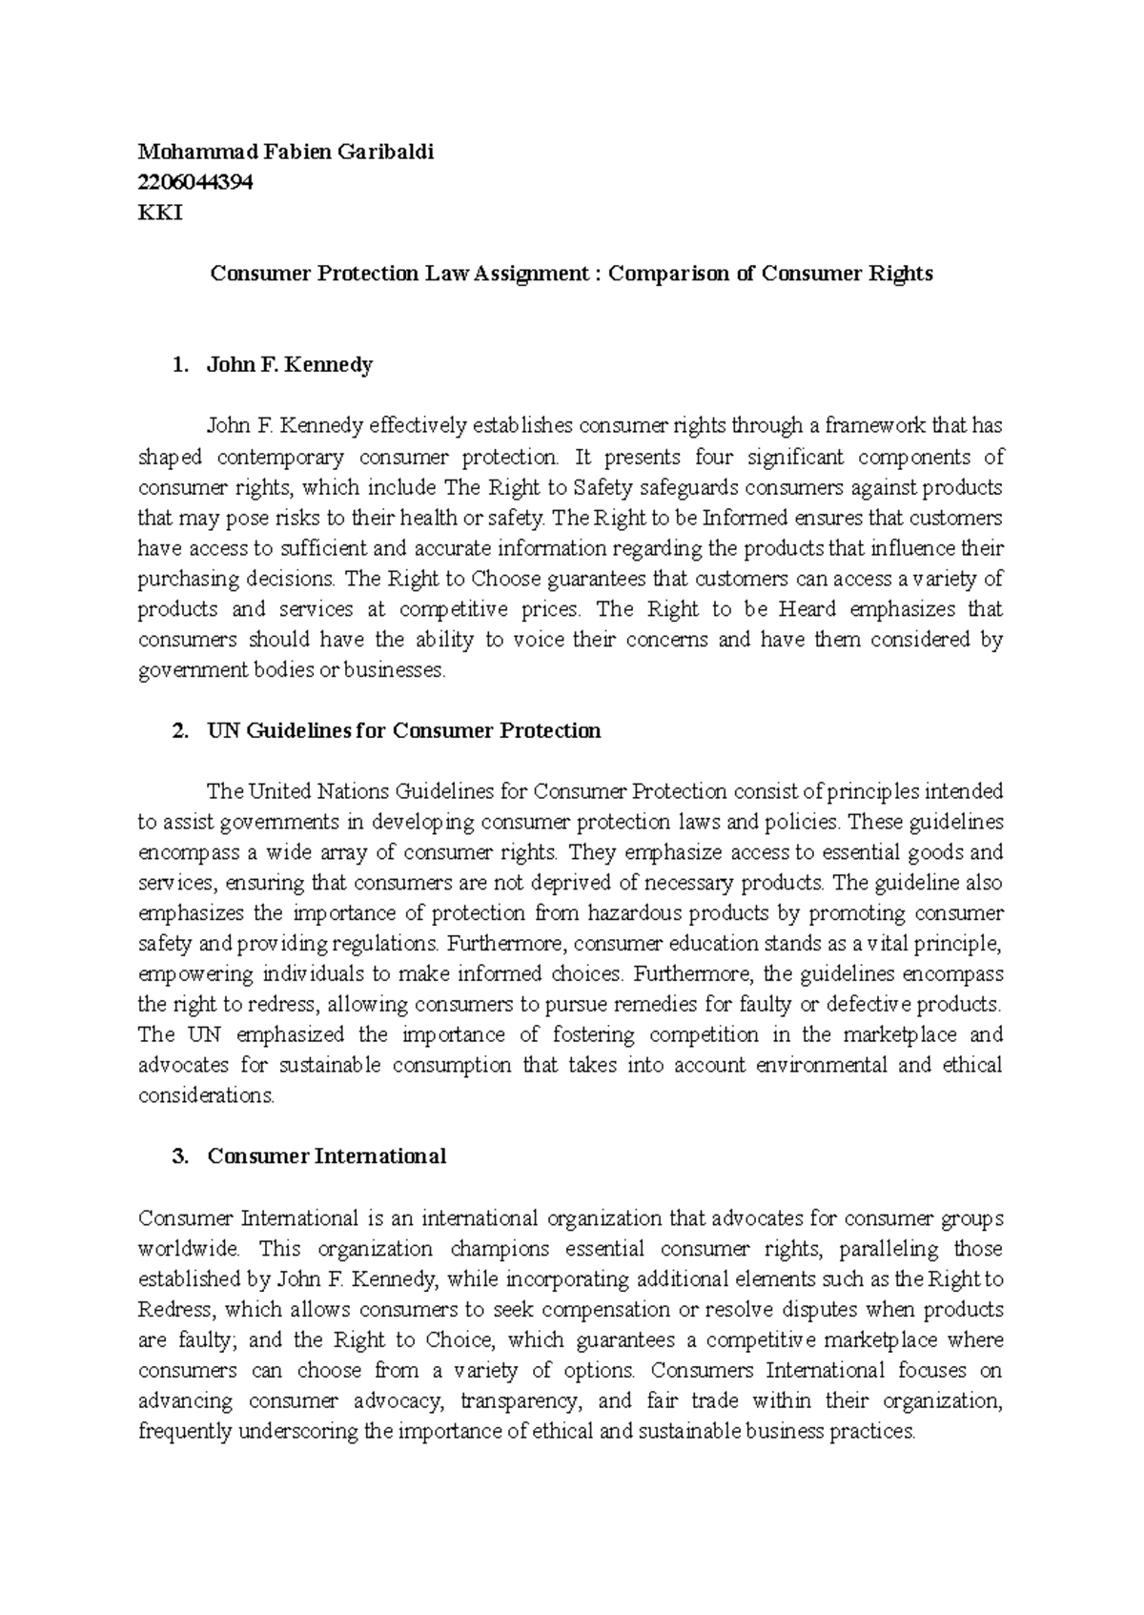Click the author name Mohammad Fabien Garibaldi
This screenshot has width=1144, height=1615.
(x=286, y=152)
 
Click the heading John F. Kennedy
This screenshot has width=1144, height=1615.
(x=290, y=365)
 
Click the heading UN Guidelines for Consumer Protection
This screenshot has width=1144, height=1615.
(x=403, y=731)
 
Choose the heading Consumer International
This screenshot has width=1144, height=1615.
(x=326, y=1156)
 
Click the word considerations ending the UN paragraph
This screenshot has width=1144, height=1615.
(x=206, y=1095)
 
